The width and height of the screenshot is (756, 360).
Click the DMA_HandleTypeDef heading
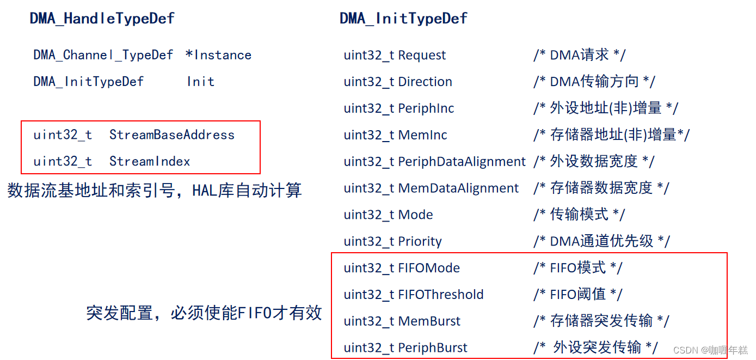pos(102,19)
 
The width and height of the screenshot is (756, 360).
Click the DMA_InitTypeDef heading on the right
pos(403,19)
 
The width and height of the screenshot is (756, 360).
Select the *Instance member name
pos(218,55)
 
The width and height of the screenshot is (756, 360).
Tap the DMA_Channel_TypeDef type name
pos(103,55)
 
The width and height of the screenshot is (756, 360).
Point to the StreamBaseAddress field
pos(172,135)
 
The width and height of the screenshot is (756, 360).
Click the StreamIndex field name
pos(150,162)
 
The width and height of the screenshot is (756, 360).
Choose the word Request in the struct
pos(422,55)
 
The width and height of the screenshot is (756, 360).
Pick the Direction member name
pos(425,82)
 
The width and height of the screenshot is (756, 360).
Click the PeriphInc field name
pos(426,108)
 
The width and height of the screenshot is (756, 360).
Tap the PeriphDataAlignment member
pos(462,162)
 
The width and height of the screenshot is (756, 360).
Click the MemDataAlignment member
pos(458,188)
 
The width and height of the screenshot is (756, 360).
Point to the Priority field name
pos(420,242)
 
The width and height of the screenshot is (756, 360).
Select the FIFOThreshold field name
pos(441,295)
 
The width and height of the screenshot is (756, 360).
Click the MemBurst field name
pos(429,321)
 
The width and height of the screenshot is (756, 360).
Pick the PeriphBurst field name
pos(433,348)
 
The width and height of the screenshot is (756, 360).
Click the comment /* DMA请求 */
pos(579,55)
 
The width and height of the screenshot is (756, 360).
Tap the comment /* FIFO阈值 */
pos(577,295)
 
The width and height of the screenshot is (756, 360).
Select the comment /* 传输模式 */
pos(579,215)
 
